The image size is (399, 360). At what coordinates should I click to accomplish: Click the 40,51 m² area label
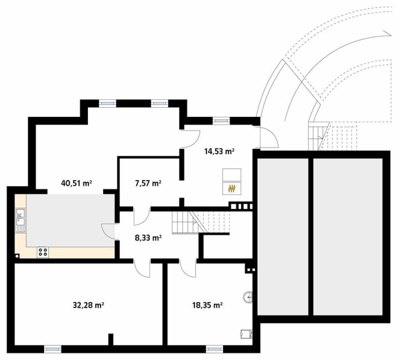click(77, 183)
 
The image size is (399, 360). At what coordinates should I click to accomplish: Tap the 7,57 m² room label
click(148, 183)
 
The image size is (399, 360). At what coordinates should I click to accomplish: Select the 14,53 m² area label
click(219, 152)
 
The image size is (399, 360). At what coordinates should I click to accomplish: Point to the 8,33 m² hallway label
click(148, 238)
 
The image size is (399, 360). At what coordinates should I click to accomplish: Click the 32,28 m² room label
click(89, 305)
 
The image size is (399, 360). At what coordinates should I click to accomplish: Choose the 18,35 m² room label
click(207, 305)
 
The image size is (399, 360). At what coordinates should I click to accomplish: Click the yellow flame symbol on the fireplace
click(231, 188)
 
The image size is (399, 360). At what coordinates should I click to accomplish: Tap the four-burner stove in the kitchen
click(43, 252)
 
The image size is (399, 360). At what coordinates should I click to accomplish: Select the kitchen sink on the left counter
click(20, 220)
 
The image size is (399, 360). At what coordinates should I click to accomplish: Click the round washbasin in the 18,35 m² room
click(248, 297)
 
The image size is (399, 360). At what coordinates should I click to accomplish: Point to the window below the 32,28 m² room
click(52, 349)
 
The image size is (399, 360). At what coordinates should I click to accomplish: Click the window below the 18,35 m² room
click(215, 349)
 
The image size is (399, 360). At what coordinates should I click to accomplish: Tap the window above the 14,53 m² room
click(221, 121)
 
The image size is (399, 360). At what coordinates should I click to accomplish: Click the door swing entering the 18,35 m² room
click(188, 269)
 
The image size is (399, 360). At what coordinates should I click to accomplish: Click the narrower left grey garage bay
click(283, 237)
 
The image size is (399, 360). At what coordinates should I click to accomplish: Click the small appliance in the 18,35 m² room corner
click(247, 334)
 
